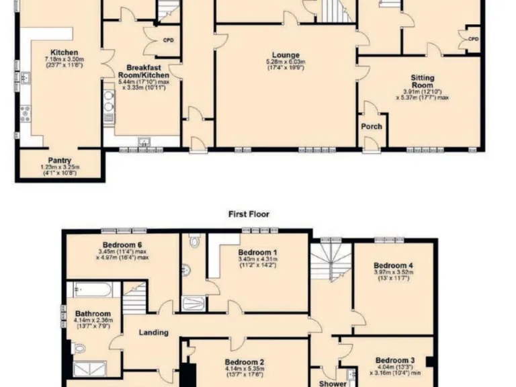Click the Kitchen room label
tap(64, 52)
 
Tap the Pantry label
tap(60, 161)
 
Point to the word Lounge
tap(286, 55)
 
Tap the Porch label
tap(372, 126)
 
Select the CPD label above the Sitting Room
tap(473, 39)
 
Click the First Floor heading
tap(249, 214)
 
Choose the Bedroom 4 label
tap(393, 265)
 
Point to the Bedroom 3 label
tap(394, 360)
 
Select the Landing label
tap(153, 333)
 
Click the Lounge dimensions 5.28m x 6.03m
tap(286, 62)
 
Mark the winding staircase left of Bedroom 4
tap(330, 263)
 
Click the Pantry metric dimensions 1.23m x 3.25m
tap(60, 167)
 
